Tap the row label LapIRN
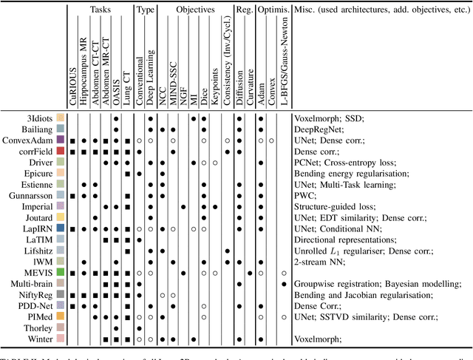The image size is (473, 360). [x=38, y=230]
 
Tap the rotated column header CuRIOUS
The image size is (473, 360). [x=72, y=85]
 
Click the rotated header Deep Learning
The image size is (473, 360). [x=151, y=73]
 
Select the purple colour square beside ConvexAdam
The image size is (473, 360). [x=61, y=139]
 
